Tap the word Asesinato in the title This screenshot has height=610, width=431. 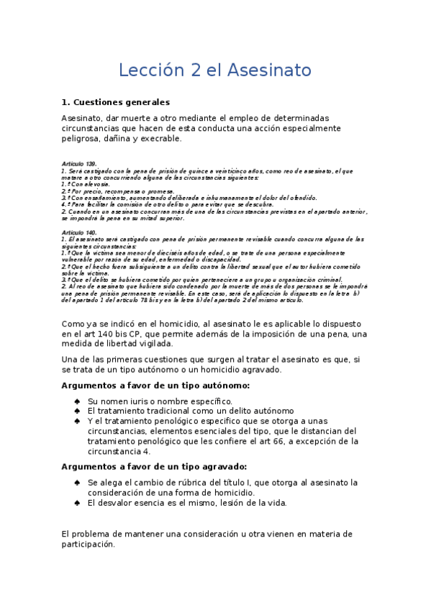click(269, 70)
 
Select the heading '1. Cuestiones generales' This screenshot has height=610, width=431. click(116, 102)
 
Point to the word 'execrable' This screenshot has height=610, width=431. click(160, 139)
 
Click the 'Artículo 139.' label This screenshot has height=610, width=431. click(79, 165)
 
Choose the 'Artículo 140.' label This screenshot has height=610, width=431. click(79, 233)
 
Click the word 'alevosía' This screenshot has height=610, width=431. click(97, 185)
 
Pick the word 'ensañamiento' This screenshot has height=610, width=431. click(104, 197)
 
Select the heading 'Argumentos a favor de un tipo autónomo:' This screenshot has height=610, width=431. click(156, 386)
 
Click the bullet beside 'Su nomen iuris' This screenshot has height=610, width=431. click(77, 401)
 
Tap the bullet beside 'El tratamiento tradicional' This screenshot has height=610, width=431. click(77, 411)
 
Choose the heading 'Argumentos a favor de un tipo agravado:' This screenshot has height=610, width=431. click(155, 466)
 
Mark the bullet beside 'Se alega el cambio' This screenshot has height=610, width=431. click(77, 482)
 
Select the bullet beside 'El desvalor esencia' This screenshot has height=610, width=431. click(77, 503)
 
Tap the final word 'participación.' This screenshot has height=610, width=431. click(89, 545)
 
